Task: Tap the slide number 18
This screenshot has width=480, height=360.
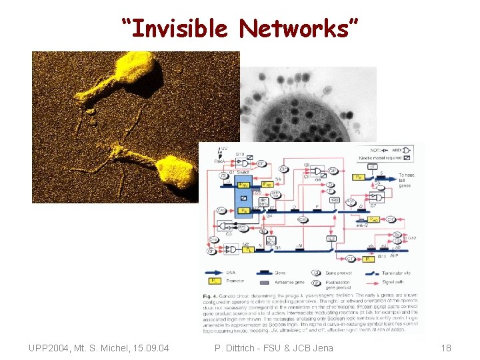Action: pyautogui.click(x=447, y=347)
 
